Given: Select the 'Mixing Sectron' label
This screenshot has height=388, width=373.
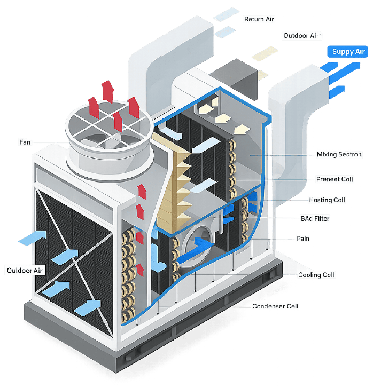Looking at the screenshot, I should click(x=338, y=155).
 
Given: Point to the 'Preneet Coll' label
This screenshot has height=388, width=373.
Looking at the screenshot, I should click(x=335, y=179).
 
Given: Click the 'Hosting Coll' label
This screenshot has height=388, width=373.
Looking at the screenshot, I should click(x=328, y=200).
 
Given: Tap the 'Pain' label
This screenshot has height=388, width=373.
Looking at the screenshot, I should click(x=304, y=239).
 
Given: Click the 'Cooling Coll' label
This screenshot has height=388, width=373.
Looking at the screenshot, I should click(x=317, y=275).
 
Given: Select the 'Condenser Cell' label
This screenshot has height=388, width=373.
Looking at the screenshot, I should click(x=275, y=306).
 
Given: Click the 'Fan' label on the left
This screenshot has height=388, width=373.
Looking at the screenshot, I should click(x=25, y=142).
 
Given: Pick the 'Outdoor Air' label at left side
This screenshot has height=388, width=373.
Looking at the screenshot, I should click(x=25, y=270).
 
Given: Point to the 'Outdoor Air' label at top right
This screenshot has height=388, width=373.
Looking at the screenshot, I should click(x=302, y=36).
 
